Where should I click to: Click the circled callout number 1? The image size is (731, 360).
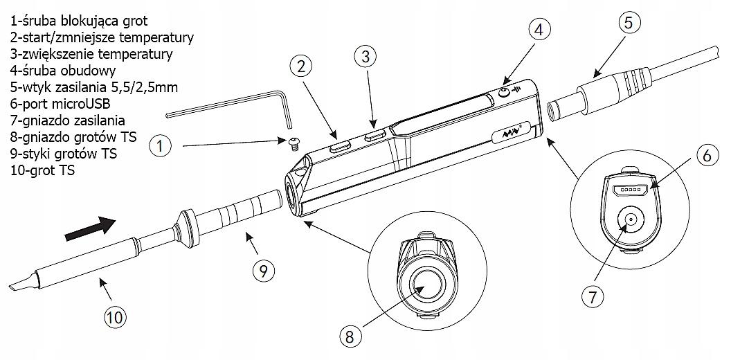click(x=161, y=146)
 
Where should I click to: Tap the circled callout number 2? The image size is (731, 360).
click(x=299, y=67)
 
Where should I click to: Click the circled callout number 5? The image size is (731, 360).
click(x=627, y=23)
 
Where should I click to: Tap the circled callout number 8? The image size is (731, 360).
click(x=351, y=336)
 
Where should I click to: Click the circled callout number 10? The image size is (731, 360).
click(x=116, y=318)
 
